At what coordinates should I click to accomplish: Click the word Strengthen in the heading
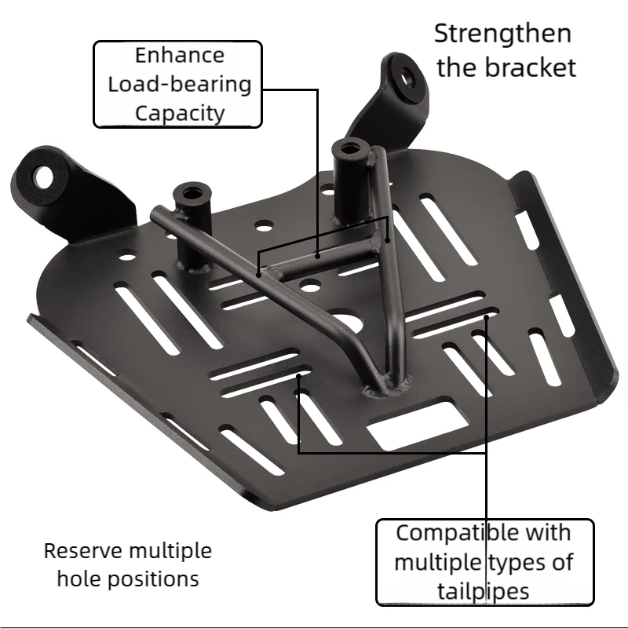coord(502,35)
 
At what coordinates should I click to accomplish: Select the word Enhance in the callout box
coord(180,55)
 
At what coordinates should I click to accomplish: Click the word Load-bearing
coord(180,86)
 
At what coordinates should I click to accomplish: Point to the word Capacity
coord(180,114)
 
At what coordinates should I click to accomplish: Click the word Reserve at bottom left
coord(82,551)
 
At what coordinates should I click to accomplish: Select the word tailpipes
coord(484,593)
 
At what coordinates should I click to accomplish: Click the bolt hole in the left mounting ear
coord(43,177)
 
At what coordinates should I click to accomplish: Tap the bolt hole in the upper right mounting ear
coord(407,78)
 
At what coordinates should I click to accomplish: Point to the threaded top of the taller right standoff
coord(349,148)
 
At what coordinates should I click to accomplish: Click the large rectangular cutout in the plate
coord(418,425)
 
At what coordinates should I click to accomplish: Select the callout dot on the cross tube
coord(317,256)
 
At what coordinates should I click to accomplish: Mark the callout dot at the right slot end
coord(487,317)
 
